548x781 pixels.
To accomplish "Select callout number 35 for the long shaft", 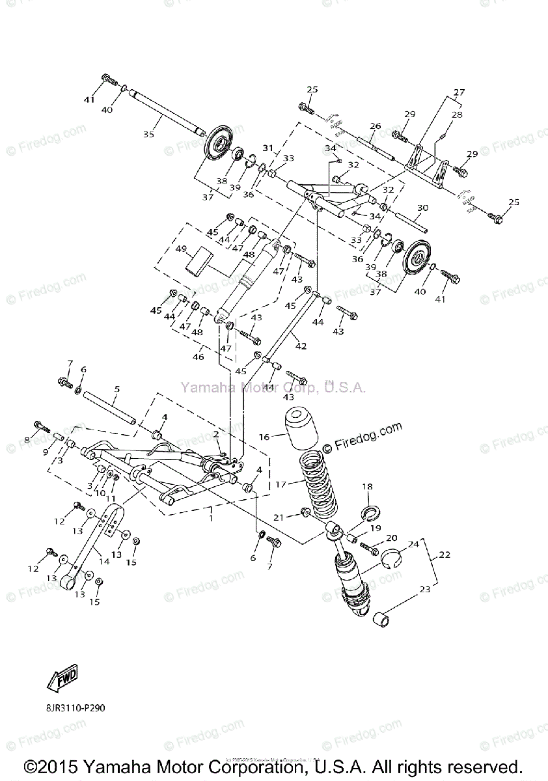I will pos(149,135).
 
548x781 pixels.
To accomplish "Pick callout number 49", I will pos(181,249).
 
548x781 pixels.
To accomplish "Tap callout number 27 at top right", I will pos(459,92).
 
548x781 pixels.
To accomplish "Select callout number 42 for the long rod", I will pos(301,346).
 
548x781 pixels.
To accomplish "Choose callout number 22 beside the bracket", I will pos(444,555).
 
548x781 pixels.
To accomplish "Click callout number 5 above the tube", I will pos(116,389).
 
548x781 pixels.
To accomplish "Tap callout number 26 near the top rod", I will pos(375,126).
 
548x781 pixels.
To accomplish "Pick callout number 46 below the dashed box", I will pos(199,357).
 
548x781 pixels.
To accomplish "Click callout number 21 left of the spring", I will pos(279,517).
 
